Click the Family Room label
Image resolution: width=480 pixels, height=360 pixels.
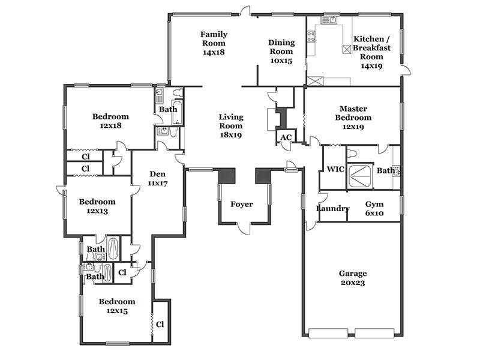(x=214, y=38)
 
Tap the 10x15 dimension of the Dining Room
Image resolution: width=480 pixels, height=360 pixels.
(x=281, y=61)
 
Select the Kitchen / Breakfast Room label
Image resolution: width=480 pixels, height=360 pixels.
(x=371, y=48)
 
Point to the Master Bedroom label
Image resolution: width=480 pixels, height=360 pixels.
(x=353, y=113)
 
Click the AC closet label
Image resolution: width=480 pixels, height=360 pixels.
(x=286, y=137)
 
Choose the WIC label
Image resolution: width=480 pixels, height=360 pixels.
(x=335, y=169)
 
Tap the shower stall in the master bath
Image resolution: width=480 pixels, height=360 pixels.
(x=361, y=176)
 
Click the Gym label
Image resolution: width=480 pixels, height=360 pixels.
(x=374, y=204)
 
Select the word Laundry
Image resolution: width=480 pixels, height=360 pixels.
(x=333, y=208)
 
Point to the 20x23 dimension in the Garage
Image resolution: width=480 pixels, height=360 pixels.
(x=353, y=283)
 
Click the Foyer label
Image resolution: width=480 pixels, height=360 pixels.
(x=242, y=204)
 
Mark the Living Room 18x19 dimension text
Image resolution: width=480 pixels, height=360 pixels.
(x=231, y=134)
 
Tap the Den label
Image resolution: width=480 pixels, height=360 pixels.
(x=157, y=174)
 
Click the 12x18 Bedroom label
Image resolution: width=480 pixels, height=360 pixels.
(x=110, y=121)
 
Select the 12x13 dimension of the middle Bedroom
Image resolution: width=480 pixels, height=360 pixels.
(x=97, y=211)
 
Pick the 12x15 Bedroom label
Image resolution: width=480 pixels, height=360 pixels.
(x=117, y=306)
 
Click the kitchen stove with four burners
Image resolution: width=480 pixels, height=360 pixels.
(x=311, y=37)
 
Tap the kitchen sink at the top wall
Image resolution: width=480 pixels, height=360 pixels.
(x=329, y=20)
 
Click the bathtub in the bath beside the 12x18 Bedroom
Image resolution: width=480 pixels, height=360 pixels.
(x=177, y=112)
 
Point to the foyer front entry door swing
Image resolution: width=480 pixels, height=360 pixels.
(x=245, y=229)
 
